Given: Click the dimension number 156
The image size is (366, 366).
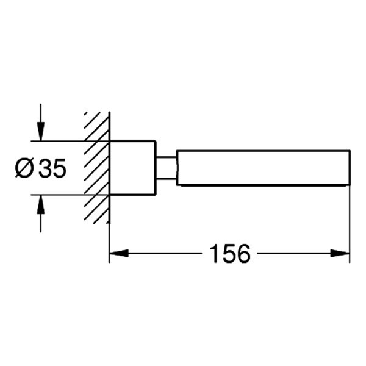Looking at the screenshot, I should coord(230,253).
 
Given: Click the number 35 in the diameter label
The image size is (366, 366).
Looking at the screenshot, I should coord(52,168).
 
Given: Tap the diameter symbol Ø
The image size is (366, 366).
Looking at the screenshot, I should coord(25,168).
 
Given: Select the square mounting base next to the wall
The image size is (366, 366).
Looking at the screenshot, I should coord(132,168).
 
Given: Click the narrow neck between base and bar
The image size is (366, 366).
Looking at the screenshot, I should coord(165,168).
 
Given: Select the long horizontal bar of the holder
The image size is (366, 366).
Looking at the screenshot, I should coord(262,168).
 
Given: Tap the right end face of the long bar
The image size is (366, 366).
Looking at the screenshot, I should coord(349,168).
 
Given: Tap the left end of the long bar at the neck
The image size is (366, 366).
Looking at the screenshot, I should coord(178,168).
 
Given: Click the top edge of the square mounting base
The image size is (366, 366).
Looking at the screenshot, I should coord(132,141).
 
